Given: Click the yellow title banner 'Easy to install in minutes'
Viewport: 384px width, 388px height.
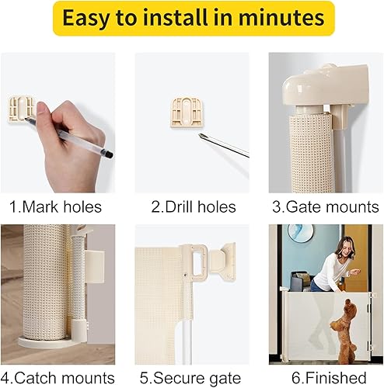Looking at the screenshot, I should coord(192,19).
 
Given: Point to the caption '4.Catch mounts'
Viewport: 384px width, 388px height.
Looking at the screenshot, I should coord(58,379).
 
